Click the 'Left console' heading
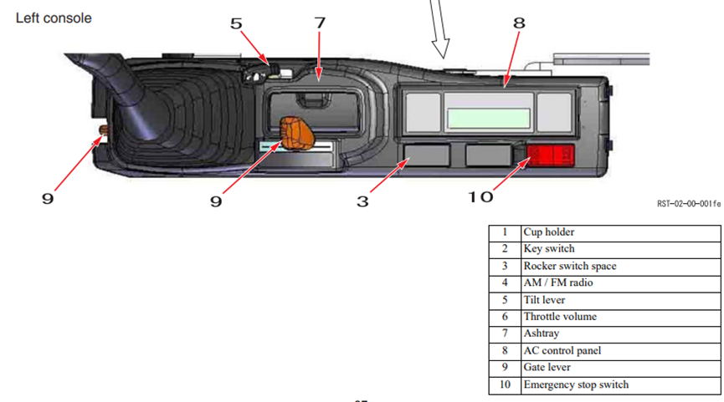click(54, 18)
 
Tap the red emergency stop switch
click(551, 155)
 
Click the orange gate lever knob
click(296, 133)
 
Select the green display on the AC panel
click(489, 118)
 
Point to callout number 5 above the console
click(236, 23)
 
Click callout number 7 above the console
click(320, 23)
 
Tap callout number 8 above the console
click(520, 23)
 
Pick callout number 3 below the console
click(362, 201)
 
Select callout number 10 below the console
click(480, 197)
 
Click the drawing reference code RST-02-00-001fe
click(689, 204)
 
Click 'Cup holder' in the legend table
click(549, 232)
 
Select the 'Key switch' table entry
click(549, 249)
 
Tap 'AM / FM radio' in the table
click(558, 282)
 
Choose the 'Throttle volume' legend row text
click(560, 317)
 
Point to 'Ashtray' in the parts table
click(542, 333)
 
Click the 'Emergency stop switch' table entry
click(576, 384)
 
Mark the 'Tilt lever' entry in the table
click(544, 300)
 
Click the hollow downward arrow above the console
click(439, 28)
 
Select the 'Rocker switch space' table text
click(570, 266)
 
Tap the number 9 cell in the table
click(506, 368)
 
